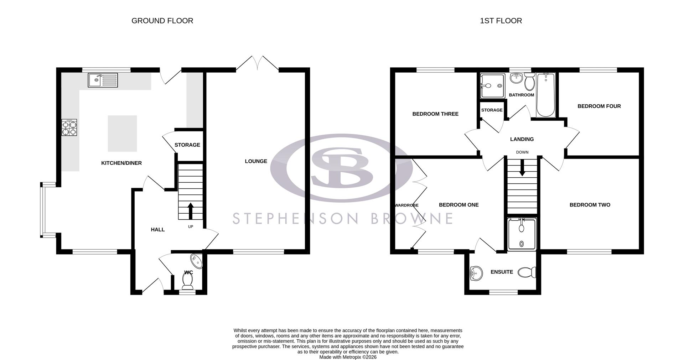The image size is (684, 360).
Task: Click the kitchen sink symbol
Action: click(103, 80)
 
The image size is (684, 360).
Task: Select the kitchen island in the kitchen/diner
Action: click(122, 134)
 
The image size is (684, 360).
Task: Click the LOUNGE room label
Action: click(256, 161)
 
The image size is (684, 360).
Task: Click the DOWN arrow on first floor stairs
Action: click(522, 168)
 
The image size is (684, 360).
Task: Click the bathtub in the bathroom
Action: click(546, 95)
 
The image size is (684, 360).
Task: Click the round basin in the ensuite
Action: click(476, 273)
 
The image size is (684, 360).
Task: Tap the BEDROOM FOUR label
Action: click(599, 106)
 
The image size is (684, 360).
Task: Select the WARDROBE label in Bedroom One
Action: click(406, 205)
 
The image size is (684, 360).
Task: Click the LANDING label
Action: click(522, 139)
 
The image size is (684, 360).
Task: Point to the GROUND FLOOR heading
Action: click(162, 21)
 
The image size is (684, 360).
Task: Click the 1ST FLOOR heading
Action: click(501, 21)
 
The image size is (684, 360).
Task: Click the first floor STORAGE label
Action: click(492, 110)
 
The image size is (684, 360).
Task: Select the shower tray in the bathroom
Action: click(492, 86)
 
